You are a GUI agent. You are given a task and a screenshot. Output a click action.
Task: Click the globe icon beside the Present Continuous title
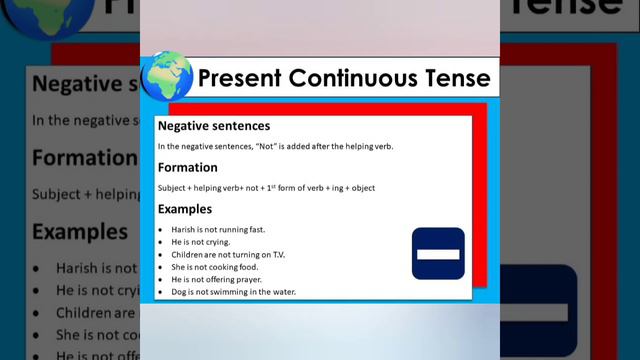tap(166, 76)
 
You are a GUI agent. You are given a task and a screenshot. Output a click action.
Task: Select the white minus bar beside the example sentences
tap(438, 254)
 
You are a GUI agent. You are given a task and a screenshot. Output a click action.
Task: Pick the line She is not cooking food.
tap(201, 267)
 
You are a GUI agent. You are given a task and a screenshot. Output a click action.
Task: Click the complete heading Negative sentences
tap(213, 126)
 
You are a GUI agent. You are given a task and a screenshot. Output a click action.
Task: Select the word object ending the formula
tap(363, 188)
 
